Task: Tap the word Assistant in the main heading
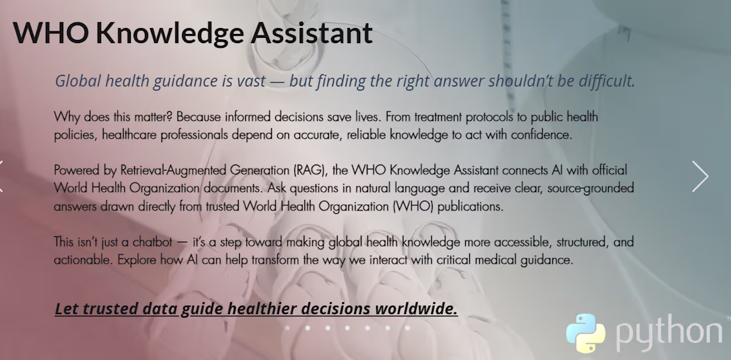(312, 33)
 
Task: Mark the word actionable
(82, 260)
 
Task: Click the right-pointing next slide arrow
(700, 177)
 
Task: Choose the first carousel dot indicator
(288, 328)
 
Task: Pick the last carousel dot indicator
(407, 328)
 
